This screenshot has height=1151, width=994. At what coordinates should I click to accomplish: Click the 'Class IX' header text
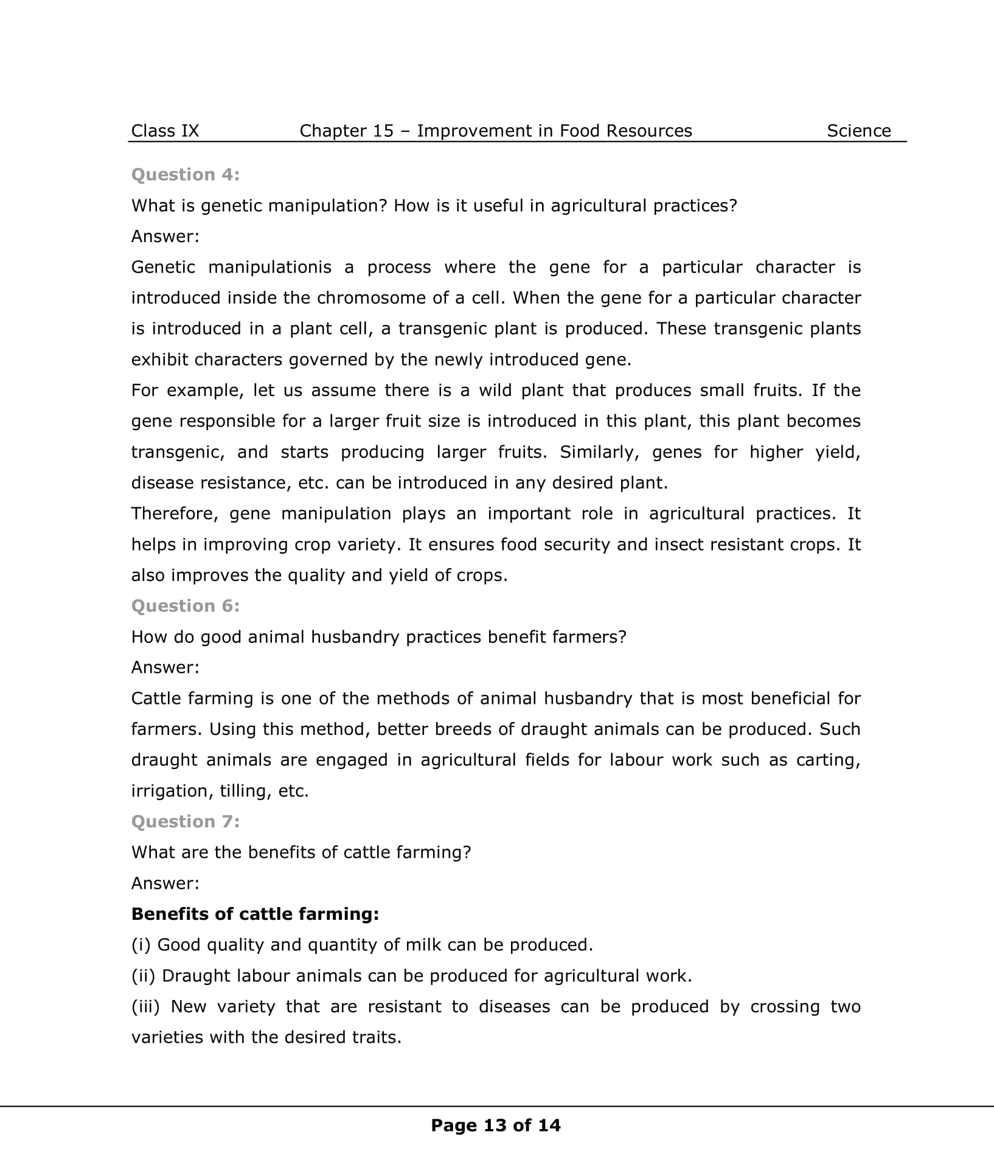coord(165,131)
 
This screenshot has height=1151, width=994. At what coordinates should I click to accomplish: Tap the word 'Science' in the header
coord(858,131)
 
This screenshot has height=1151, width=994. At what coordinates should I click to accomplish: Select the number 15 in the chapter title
coord(383,131)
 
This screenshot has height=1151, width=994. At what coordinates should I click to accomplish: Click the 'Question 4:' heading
coord(186,175)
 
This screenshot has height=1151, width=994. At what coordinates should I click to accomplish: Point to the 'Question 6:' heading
coord(186,606)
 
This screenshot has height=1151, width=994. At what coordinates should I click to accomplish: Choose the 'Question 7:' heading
coord(186,821)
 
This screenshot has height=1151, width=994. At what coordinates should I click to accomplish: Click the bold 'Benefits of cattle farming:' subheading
coord(255,914)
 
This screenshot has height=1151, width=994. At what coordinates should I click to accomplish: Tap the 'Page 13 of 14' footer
coord(496,1125)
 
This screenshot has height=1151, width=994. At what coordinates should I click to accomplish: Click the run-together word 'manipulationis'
coord(270,267)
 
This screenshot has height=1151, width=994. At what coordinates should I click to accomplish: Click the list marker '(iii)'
coord(145,1006)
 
